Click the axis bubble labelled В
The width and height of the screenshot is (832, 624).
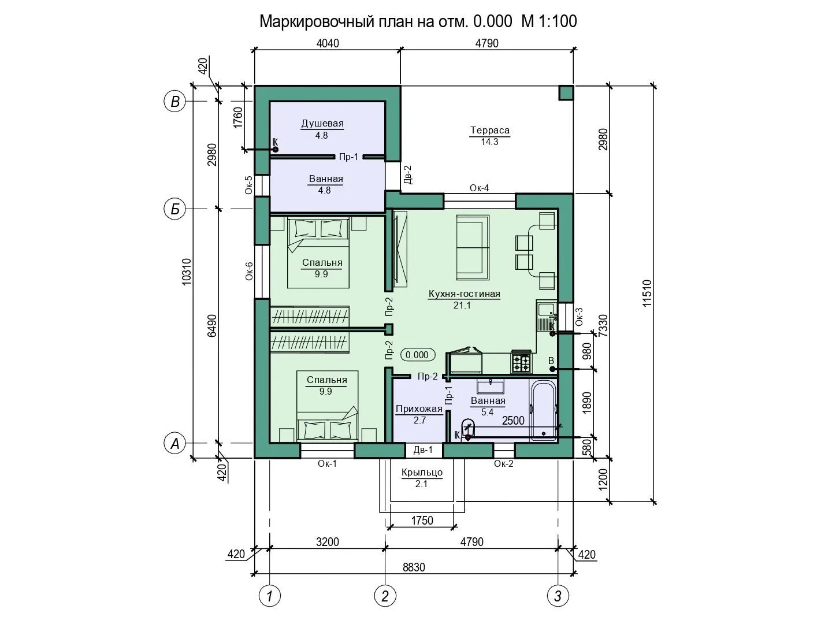pyautogui.click(x=174, y=102)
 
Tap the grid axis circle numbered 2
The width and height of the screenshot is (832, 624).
pyautogui.click(x=385, y=596)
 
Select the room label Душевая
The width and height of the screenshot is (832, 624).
pyautogui.click(x=322, y=124)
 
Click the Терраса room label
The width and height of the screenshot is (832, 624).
pyautogui.click(x=490, y=131)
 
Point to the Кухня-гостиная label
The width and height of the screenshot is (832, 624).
pyautogui.click(x=465, y=294)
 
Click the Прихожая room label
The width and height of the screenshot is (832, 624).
pyautogui.click(x=419, y=409)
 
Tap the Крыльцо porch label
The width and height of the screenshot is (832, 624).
pyautogui.click(x=422, y=473)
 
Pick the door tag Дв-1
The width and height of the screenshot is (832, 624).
pyautogui.click(x=423, y=450)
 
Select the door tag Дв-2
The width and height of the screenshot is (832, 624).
pyautogui.click(x=408, y=174)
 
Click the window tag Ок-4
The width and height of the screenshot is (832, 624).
pyautogui.click(x=479, y=188)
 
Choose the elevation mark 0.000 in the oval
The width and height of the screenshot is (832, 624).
pyautogui.click(x=417, y=355)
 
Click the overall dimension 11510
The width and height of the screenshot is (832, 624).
pyautogui.click(x=647, y=294)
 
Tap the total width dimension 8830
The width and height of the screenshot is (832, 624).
pyautogui.click(x=414, y=567)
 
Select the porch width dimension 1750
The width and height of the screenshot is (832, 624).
pyautogui.click(x=422, y=521)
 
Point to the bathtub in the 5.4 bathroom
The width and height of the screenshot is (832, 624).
pyautogui.click(x=544, y=410)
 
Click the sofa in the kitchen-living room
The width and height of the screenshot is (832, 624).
pyautogui.click(x=473, y=248)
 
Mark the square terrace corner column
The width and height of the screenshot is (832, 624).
pyautogui.click(x=566, y=93)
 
